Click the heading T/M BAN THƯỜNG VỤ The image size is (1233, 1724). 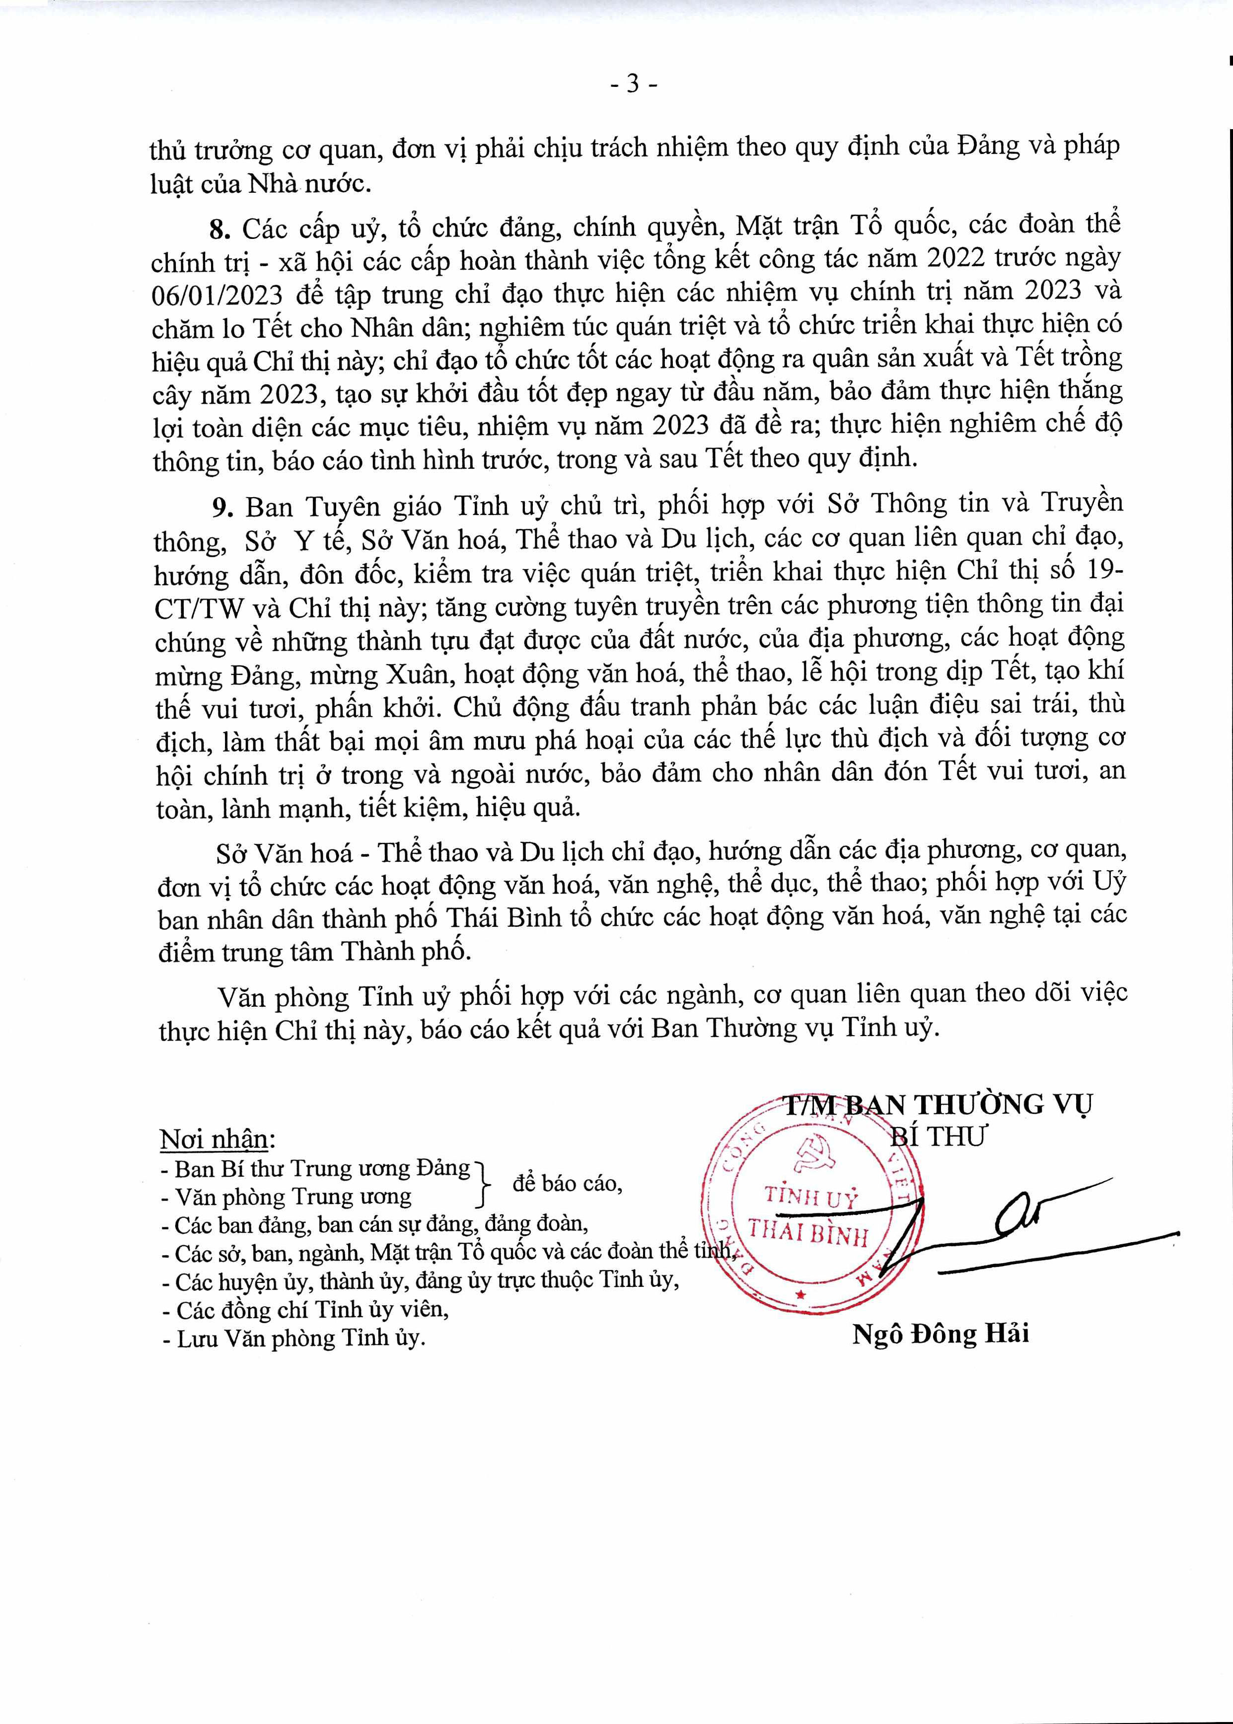point(938,1104)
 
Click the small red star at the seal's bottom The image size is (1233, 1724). point(798,1294)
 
